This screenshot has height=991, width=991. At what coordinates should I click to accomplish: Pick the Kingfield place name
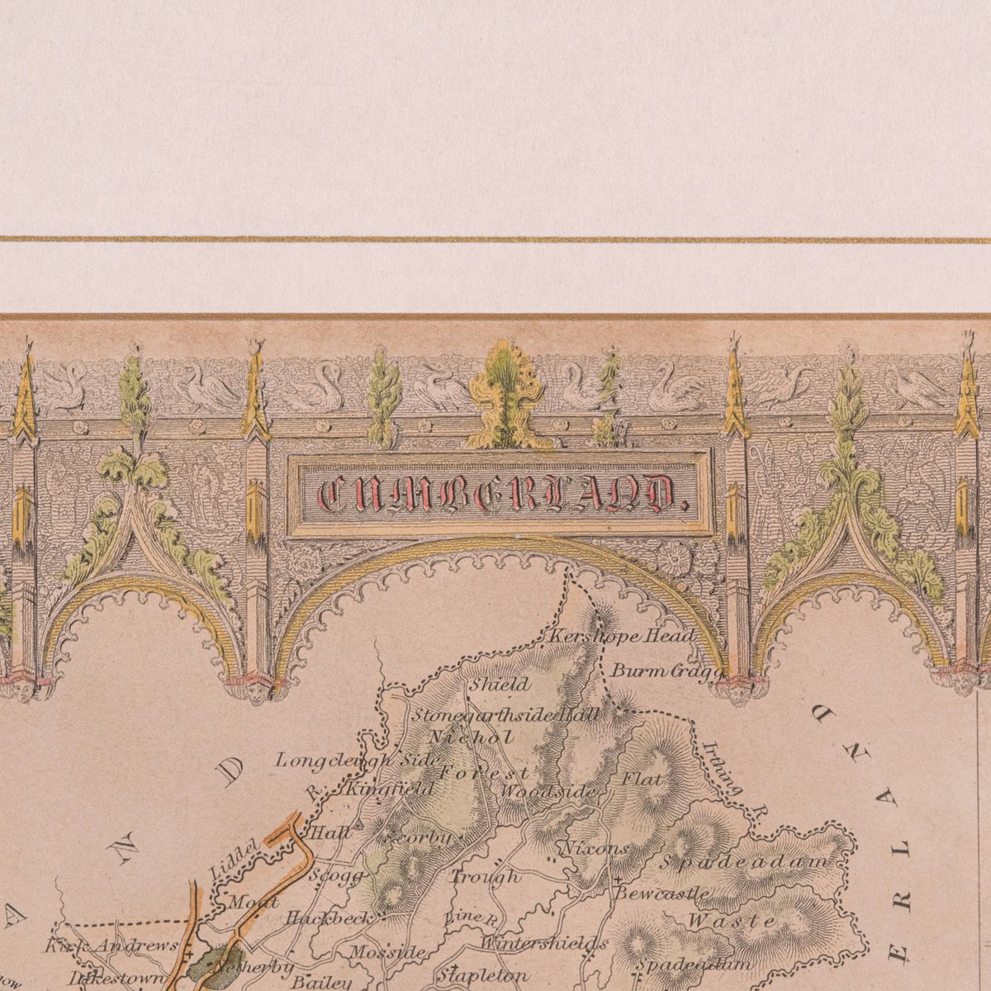click(390, 789)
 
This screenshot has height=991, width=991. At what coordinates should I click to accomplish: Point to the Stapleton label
click(482, 975)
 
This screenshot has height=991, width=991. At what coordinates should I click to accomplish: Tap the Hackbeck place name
click(326, 918)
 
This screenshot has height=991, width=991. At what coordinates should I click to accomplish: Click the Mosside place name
click(386, 952)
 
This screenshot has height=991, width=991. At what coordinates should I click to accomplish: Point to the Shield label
click(500, 684)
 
